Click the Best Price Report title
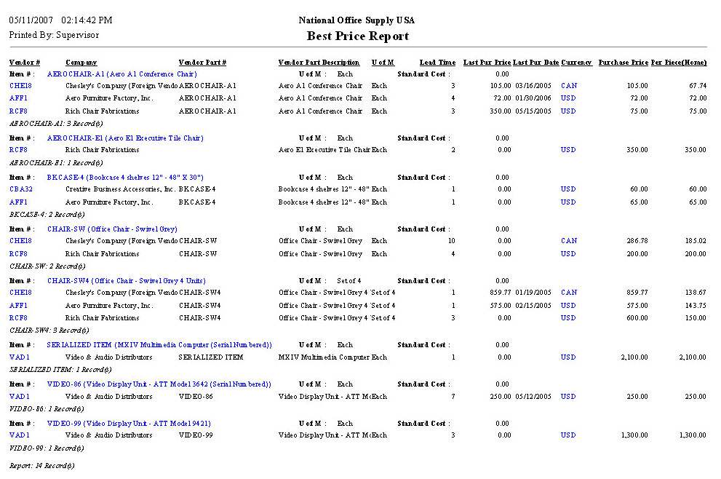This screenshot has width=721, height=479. point(357,36)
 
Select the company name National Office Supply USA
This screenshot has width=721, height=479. point(357,20)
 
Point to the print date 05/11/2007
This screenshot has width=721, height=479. point(31,20)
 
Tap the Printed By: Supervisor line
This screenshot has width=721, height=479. point(54,35)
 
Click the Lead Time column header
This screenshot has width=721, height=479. point(437,63)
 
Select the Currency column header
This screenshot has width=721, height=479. point(576,63)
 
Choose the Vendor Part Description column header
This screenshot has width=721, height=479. point(319,63)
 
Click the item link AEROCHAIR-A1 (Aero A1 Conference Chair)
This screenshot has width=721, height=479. point(122,74)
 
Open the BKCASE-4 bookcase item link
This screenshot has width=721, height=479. point(125,178)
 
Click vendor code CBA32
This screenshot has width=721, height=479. point(20,189)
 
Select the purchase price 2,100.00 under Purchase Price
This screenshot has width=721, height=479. point(632,358)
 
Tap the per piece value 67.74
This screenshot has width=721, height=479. point(697,86)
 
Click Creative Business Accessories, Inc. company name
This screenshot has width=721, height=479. point(120,189)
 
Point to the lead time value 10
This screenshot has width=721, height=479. point(451,241)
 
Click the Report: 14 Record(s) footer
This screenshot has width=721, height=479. point(41,464)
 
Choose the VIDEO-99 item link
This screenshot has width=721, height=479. point(119,424)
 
